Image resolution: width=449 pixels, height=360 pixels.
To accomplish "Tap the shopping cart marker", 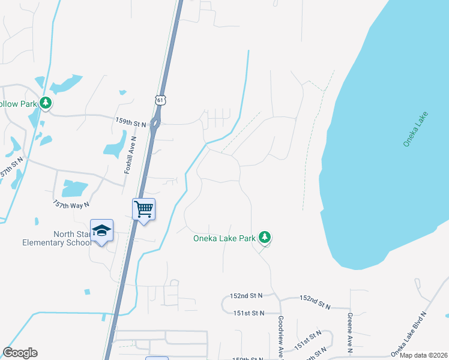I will [x=143, y=209].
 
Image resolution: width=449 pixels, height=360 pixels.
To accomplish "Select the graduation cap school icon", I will [x=101, y=231].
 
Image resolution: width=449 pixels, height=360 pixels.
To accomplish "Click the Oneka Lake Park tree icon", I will [x=265, y=238].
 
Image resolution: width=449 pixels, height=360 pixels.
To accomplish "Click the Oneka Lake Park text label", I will [x=224, y=238].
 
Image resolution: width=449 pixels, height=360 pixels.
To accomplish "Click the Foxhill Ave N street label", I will [x=130, y=155].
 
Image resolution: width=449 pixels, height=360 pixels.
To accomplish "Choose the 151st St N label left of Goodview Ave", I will [x=249, y=313].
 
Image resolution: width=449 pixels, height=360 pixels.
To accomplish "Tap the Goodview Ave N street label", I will [x=282, y=338].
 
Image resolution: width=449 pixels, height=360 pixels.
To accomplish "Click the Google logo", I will [x=20, y=353].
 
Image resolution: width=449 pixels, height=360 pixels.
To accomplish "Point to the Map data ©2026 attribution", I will [x=423, y=355].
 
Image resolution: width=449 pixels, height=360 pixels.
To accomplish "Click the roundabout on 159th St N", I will [x=155, y=124].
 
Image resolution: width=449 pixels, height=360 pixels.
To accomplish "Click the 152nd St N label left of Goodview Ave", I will [x=247, y=296].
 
